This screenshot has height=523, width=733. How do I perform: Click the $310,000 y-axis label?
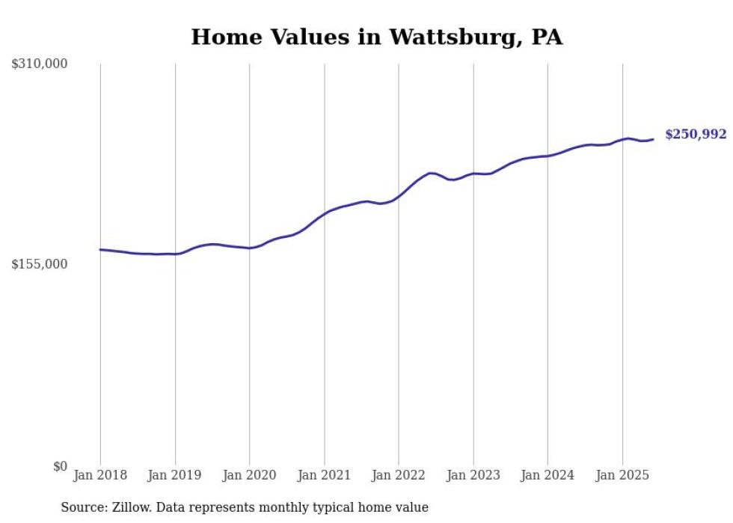(39, 64)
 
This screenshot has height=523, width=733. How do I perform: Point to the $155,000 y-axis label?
(39, 264)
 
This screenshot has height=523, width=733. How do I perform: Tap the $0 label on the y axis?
(60, 466)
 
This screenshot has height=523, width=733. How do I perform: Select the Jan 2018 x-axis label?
(100, 475)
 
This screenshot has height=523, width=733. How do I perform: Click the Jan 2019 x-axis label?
(175, 475)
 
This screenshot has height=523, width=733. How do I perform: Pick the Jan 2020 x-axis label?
(249, 475)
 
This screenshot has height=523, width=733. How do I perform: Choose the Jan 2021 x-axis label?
(324, 475)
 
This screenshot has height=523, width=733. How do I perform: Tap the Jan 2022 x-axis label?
(399, 475)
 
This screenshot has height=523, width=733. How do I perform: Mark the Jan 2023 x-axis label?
(473, 475)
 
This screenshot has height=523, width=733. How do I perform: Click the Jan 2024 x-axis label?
(548, 475)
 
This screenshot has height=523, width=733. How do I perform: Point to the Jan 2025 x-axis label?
(622, 475)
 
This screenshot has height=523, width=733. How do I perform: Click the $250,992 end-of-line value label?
(696, 135)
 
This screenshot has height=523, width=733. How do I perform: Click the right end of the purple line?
(653, 139)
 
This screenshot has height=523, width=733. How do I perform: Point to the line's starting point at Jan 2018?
(100, 250)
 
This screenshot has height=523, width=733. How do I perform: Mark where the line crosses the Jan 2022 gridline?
(399, 196)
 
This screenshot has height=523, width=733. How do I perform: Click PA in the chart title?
(546, 37)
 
